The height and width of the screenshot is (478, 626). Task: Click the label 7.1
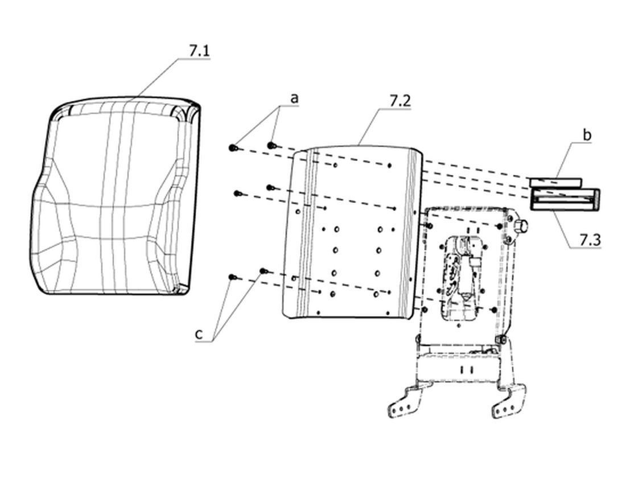click(199, 51)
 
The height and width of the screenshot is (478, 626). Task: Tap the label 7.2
click(400, 101)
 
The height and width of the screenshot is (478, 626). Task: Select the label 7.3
click(590, 240)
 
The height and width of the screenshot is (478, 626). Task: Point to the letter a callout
click(294, 98)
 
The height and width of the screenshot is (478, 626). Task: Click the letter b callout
click(587, 135)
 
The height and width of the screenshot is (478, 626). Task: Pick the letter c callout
click(199, 333)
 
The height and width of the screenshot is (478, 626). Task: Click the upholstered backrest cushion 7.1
click(116, 196)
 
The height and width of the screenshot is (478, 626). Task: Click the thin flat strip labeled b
click(555, 182)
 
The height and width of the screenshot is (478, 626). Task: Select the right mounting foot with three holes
click(509, 403)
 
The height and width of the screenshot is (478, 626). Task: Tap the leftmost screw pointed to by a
click(233, 148)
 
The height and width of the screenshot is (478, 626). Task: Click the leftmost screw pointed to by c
click(232, 277)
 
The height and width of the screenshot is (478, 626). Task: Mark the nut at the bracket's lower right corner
click(501, 339)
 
